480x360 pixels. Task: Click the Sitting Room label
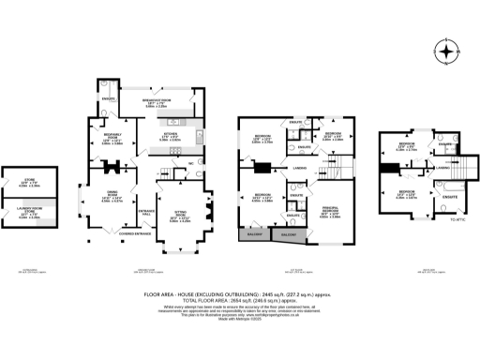(x=179, y=218)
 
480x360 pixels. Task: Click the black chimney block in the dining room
(x=114, y=170)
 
